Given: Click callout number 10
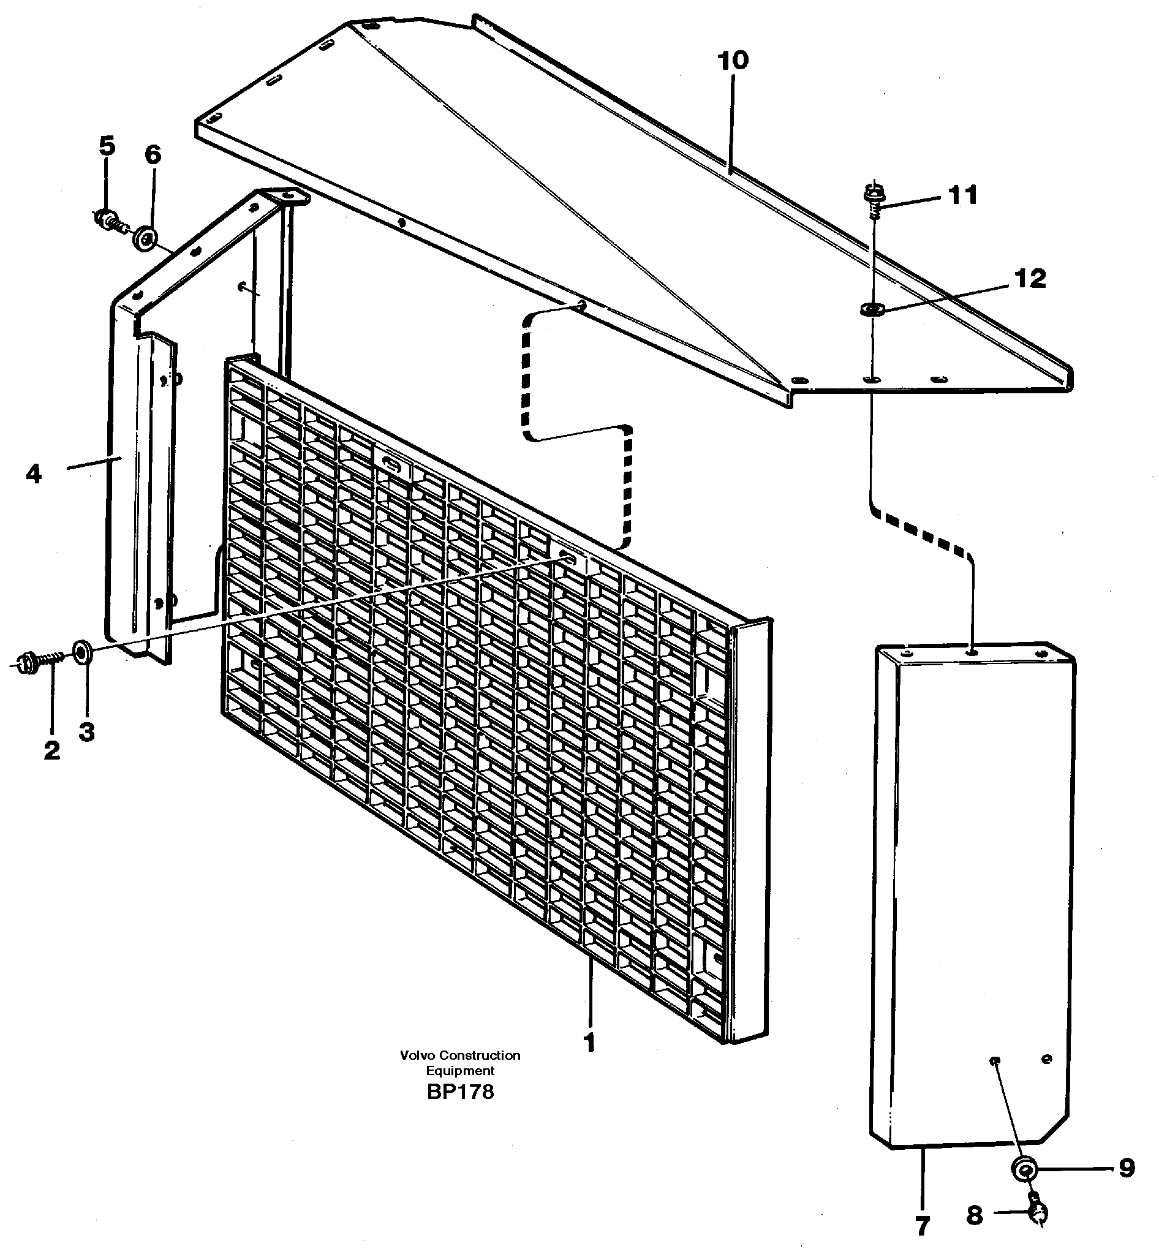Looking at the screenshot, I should (733, 61).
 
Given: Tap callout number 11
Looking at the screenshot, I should (963, 195).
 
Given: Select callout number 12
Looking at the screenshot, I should (1030, 279).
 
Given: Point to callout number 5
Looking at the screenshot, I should (107, 146).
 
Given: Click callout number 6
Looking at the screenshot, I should (153, 155).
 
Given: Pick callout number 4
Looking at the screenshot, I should (34, 474).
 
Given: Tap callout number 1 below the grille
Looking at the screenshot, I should (589, 1043).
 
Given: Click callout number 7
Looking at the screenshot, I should (921, 1226).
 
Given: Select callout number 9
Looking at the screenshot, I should (1127, 1168).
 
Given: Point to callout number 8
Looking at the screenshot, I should (974, 1215).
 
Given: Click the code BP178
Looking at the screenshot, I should (459, 1092).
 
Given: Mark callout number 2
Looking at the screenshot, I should (52, 750).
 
